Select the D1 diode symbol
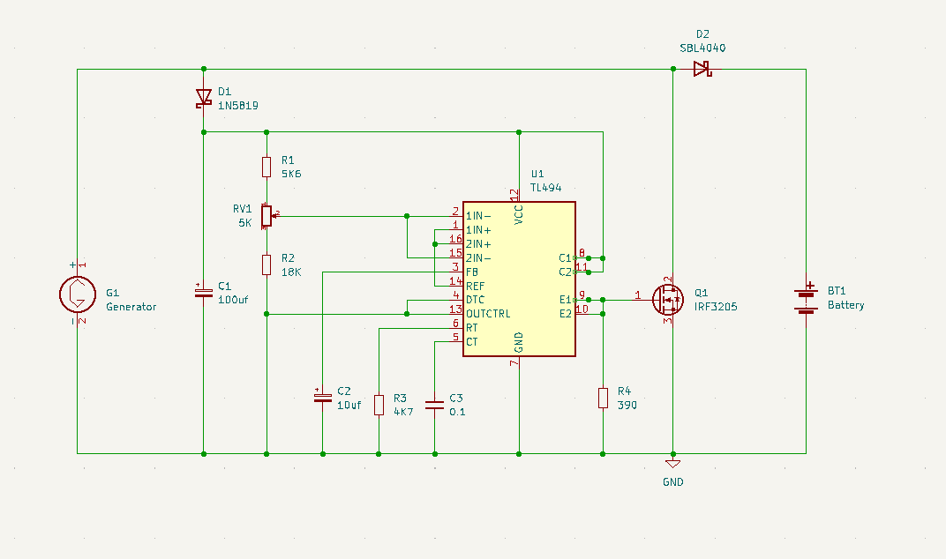204,97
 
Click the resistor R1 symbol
267,167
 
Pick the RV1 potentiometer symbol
267,215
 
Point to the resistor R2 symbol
267,265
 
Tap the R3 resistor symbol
379,405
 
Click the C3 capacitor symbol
434,405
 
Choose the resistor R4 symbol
603,398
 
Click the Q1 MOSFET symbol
668,300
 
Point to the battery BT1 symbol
805,300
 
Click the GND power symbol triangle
673,464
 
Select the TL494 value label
545,188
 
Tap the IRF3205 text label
715,307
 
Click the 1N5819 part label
238,105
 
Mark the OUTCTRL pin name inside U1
488,314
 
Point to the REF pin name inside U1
475,286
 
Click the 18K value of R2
291,272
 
